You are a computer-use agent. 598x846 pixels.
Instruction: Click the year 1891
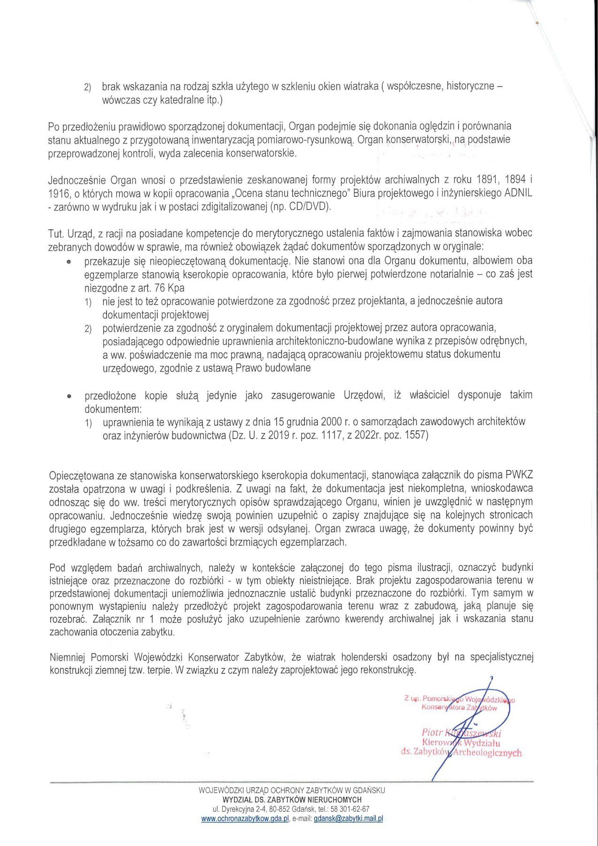coord(486,180)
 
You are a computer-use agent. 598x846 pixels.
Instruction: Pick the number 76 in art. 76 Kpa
coord(160,287)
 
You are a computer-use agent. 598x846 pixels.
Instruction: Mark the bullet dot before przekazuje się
coord(69,261)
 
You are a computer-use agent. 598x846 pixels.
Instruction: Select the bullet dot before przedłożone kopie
coord(69,396)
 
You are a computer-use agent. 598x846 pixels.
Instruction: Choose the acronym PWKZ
coord(519,475)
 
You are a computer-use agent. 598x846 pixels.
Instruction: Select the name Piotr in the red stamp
coord(432,732)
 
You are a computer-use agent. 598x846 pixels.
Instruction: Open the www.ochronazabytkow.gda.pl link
coord(244,818)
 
